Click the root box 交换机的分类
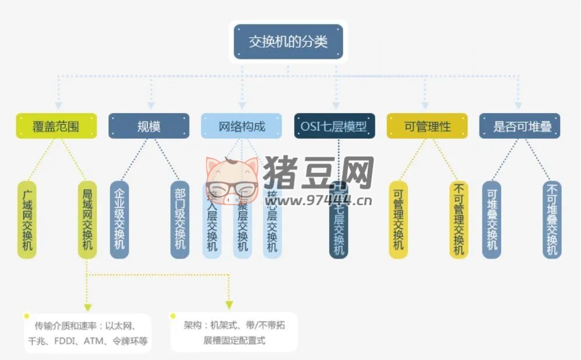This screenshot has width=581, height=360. [288, 42]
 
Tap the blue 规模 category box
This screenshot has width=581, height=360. [149, 126]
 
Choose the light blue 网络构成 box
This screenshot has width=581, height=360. [241, 126]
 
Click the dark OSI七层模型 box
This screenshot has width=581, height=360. [334, 126]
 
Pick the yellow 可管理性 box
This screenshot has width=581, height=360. [427, 126]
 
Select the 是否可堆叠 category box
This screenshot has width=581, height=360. [520, 126]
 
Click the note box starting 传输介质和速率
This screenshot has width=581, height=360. [86, 333]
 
